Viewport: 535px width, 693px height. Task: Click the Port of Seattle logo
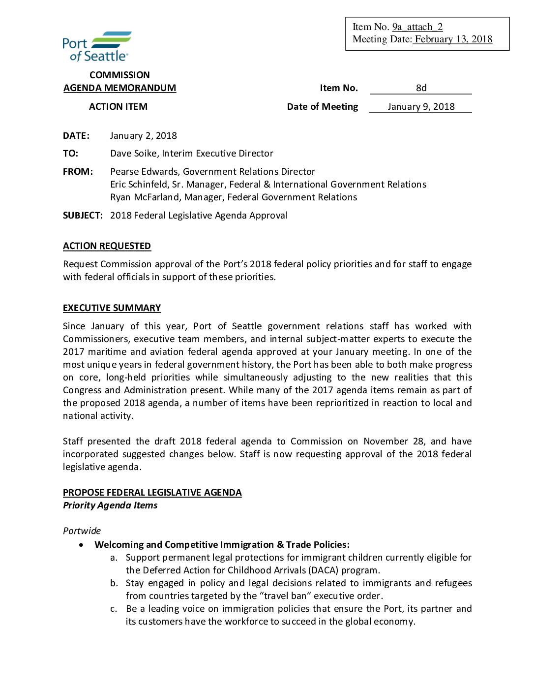point(97,46)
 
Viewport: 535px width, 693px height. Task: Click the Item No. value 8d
point(421,88)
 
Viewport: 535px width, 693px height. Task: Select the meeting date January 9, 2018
point(421,107)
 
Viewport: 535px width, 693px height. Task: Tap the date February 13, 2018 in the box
point(453,39)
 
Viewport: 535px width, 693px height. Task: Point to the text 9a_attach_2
point(417,27)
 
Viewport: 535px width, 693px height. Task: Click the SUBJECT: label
point(83,216)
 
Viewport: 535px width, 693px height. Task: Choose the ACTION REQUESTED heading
point(107,246)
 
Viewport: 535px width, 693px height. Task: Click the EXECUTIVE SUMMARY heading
point(112,308)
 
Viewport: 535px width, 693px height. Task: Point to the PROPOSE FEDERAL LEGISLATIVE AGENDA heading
point(152,493)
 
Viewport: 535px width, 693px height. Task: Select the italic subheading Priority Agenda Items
point(110,505)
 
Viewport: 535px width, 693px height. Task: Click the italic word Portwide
point(82,531)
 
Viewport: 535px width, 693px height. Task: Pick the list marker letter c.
point(114,609)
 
